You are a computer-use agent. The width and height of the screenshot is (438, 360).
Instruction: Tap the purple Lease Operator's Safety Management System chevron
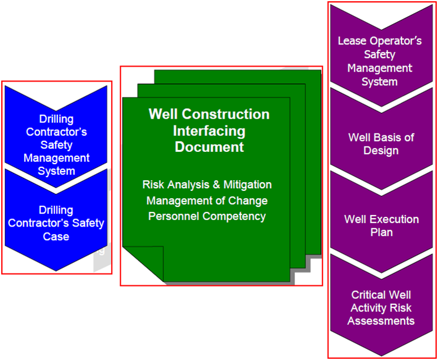[x=380, y=61]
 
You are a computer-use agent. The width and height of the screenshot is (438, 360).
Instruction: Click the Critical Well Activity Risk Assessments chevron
[x=381, y=308]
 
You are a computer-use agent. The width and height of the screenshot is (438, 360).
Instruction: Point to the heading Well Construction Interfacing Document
[x=209, y=131]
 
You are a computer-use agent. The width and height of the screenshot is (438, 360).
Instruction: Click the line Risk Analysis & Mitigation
[x=207, y=185]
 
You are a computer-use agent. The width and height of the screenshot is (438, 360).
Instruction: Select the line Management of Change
[x=207, y=201]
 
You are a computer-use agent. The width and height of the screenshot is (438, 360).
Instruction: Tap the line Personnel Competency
[x=207, y=216]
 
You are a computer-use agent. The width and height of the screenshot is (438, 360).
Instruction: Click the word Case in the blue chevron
[x=56, y=237]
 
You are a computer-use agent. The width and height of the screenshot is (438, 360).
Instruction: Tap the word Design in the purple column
[x=382, y=151]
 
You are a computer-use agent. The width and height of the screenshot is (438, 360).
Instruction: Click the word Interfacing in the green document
[x=209, y=131]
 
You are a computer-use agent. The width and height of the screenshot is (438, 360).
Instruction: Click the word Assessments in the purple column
[x=381, y=321]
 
